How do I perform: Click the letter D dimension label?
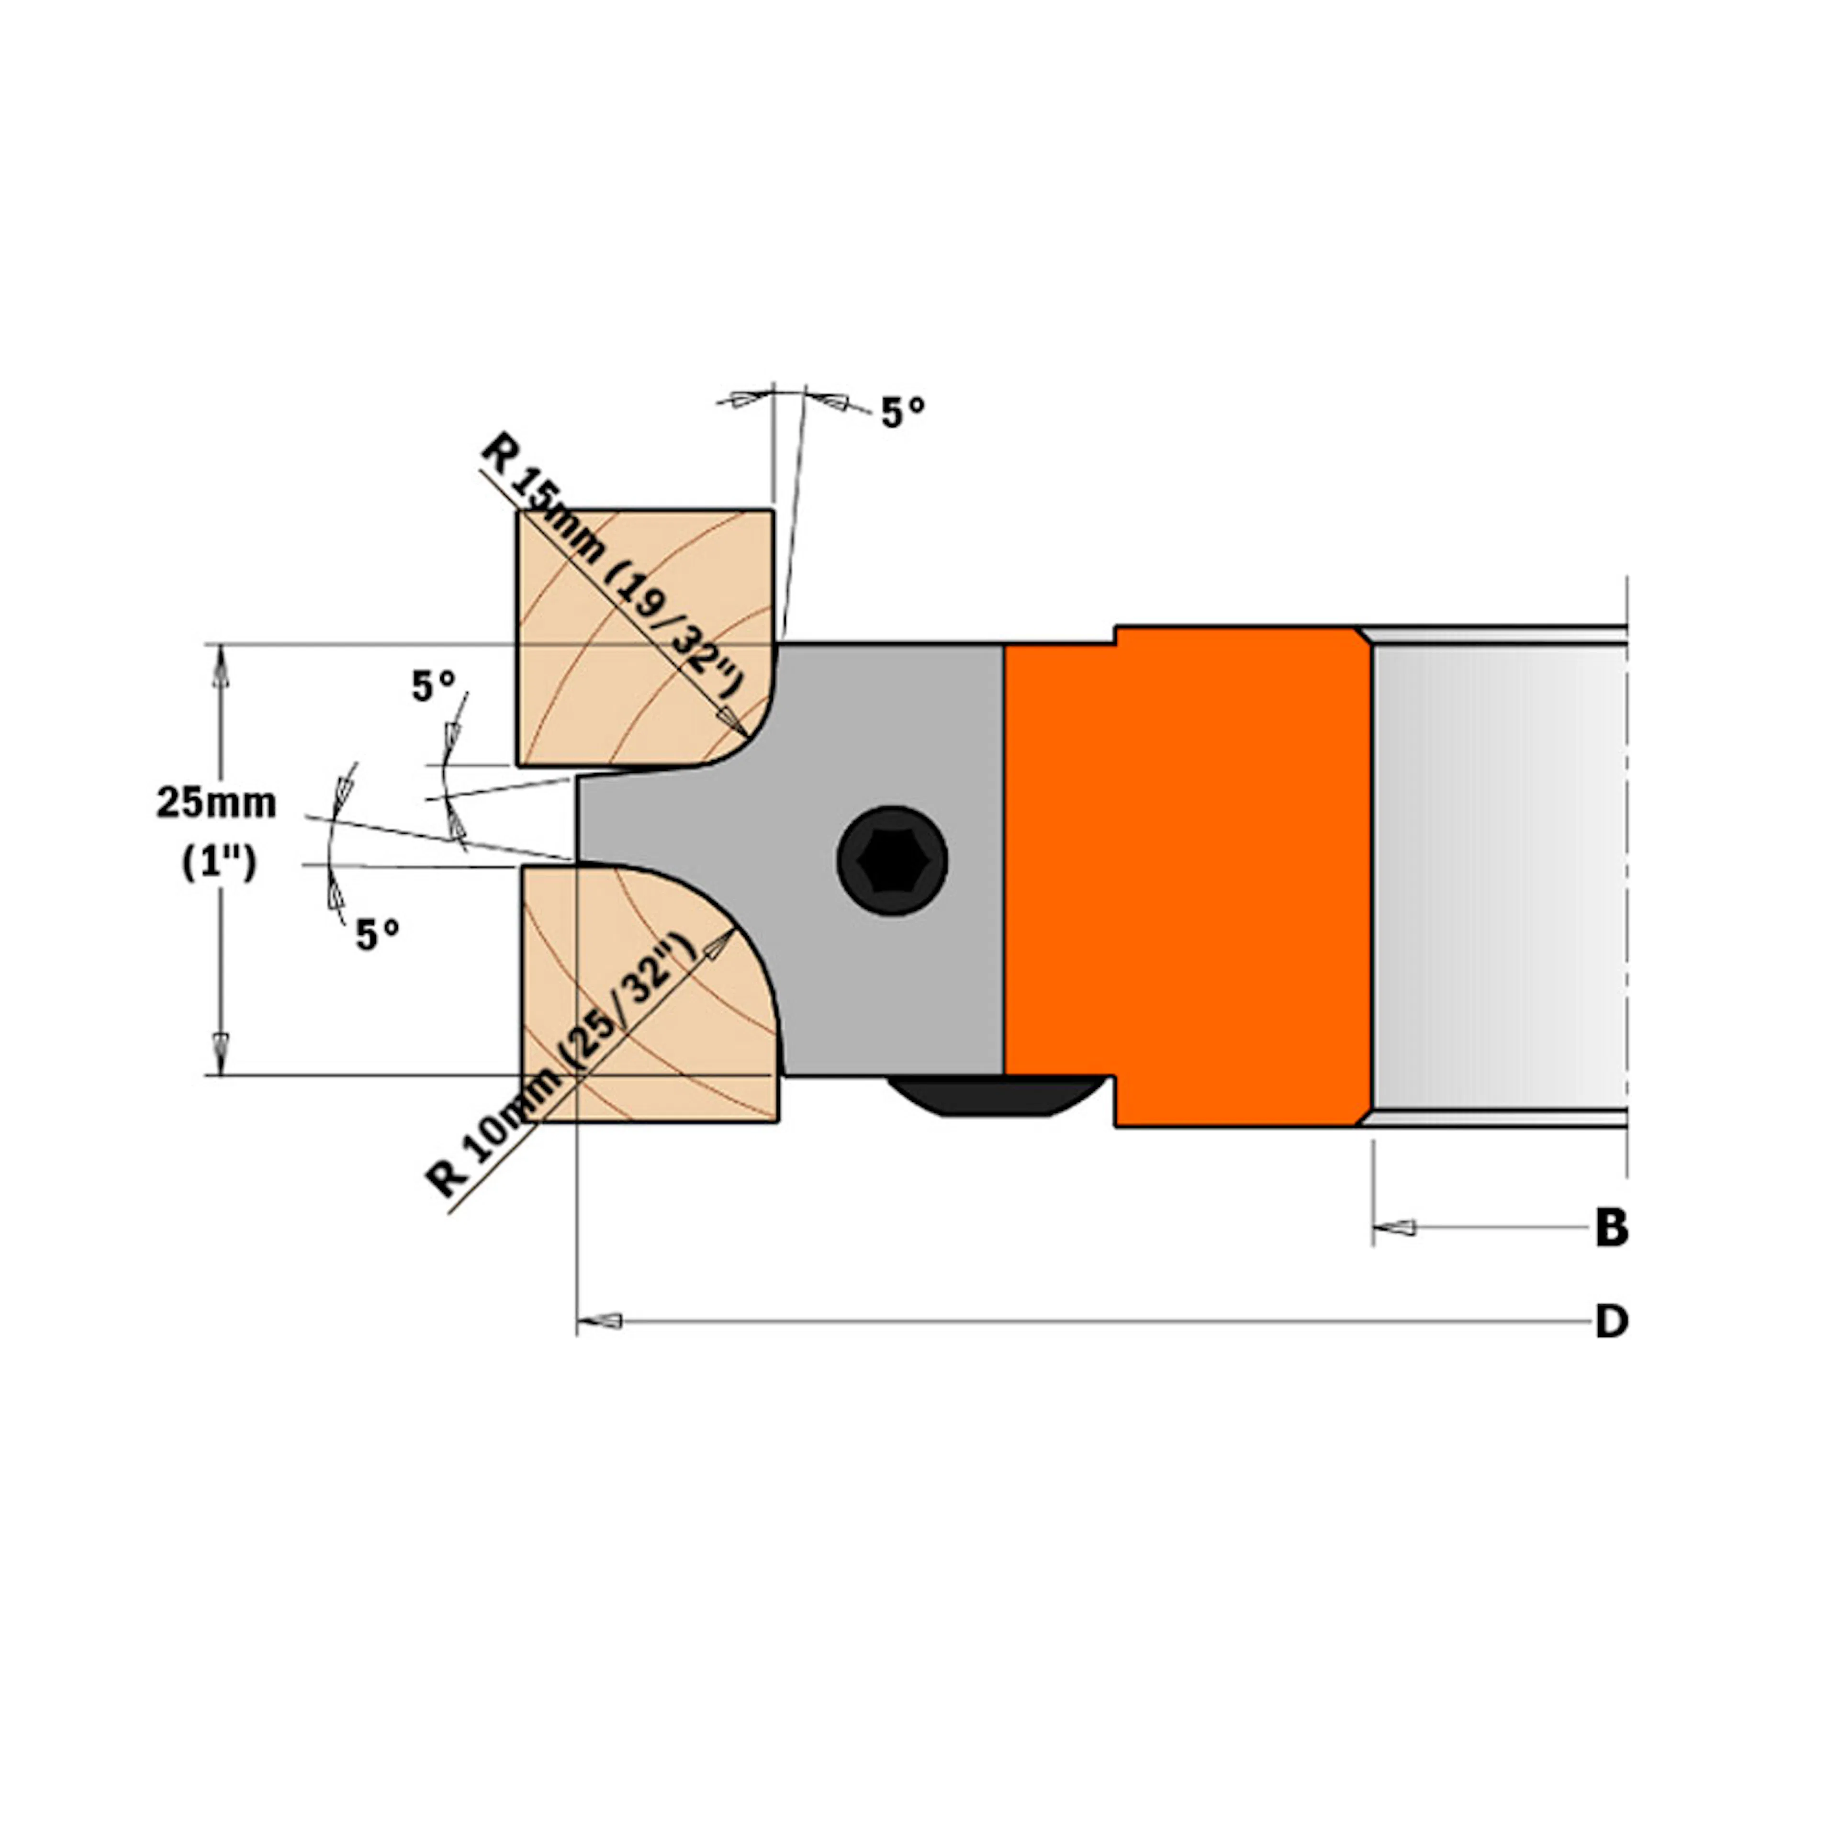(x=1611, y=1322)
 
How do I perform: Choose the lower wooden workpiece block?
(x=628, y=1028)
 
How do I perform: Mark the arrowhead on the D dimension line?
(x=599, y=1322)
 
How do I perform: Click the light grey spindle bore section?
(x=1498, y=875)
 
